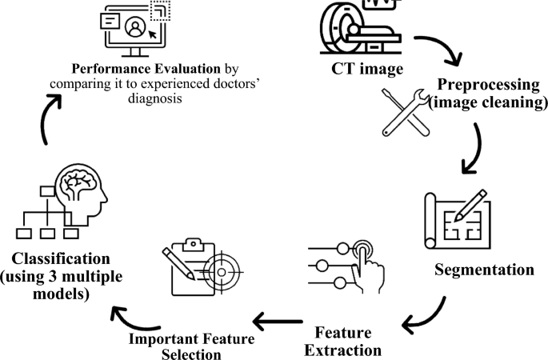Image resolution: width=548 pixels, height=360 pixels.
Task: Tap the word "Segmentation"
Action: [484, 269]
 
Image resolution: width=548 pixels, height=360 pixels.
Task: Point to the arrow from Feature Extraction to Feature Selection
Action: [280, 322]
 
